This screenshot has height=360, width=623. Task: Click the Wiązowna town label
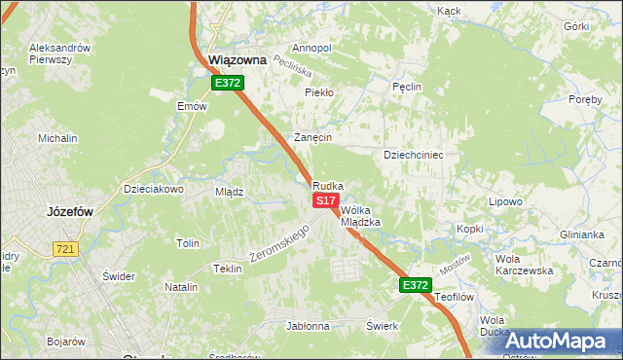pyautogui.click(x=238, y=60)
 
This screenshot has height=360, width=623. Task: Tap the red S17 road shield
pyautogui.click(x=325, y=199)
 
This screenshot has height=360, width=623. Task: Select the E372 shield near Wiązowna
pyautogui.click(x=228, y=84)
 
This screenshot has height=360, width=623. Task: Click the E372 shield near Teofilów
pyautogui.click(x=414, y=285)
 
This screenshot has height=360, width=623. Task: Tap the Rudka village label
pyautogui.click(x=328, y=185)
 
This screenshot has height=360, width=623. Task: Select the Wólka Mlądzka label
pyautogui.click(x=359, y=215)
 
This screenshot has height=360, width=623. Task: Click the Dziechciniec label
pyautogui.click(x=414, y=155)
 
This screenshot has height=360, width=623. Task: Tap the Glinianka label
pyautogui.click(x=582, y=234)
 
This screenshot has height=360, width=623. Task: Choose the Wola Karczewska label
pyautogui.click(x=524, y=265)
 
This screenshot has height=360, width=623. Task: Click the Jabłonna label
pyautogui.click(x=308, y=326)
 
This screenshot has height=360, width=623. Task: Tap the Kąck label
pyautogui.click(x=449, y=11)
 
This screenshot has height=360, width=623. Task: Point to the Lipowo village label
pyautogui.click(x=506, y=202)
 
